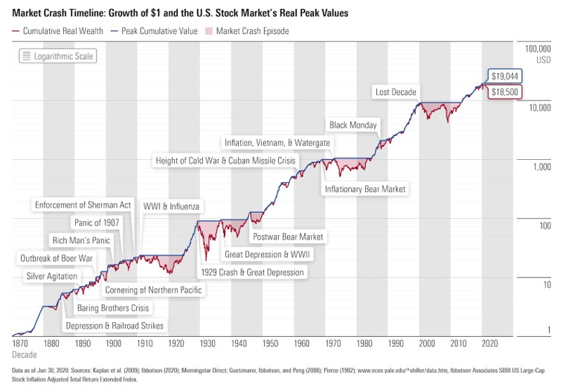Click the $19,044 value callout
504,76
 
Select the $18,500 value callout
504,91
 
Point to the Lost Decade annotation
395,91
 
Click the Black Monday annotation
353,125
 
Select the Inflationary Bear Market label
364,189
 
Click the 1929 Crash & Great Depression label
253,272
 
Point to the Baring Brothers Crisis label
112,307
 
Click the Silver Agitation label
51,276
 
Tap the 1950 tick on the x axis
270,344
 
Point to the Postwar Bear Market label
288,237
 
